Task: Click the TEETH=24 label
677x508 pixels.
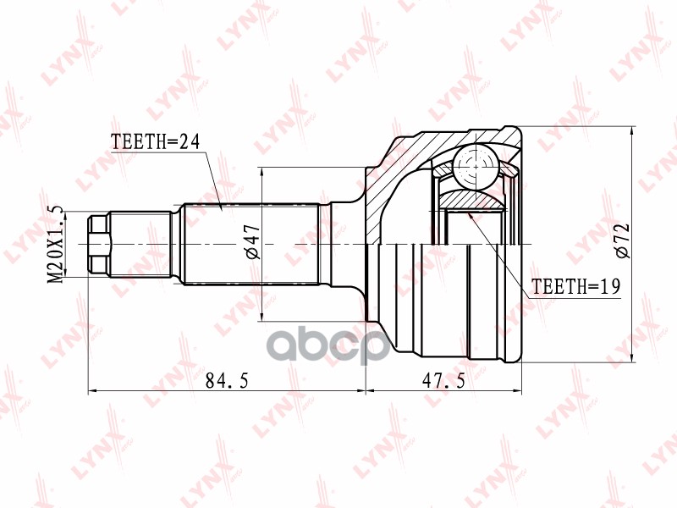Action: point(154,142)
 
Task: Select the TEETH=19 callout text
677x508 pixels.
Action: point(575,288)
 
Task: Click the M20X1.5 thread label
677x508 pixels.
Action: point(56,243)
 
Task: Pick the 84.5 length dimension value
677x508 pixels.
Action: point(226,382)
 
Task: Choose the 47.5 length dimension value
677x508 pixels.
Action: point(444,382)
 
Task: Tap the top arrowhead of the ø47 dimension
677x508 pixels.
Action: point(263,172)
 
